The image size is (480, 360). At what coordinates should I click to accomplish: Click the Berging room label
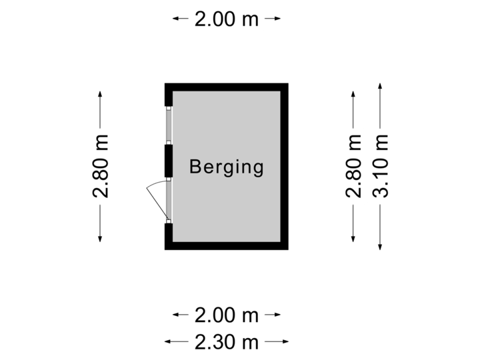click(x=227, y=167)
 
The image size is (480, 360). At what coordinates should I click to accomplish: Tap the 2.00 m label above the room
click(x=227, y=19)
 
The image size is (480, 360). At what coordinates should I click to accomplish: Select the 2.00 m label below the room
click(x=227, y=314)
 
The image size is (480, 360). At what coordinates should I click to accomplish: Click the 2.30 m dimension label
click(x=227, y=342)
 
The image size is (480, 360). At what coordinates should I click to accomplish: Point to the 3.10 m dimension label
click(x=380, y=167)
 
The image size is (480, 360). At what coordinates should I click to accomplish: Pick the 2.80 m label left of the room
click(x=100, y=167)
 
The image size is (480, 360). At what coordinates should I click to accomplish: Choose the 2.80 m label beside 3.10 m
click(x=353, y=167)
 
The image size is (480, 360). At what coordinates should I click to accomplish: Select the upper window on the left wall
click(x=169, y=125)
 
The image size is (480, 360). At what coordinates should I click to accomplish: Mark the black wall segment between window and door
click(x=169, y=161)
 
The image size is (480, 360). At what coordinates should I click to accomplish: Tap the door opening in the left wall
click(x=169, y=200)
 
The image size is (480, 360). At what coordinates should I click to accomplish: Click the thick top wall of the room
click(x=227, y=87)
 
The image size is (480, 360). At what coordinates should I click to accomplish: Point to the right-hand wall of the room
click(x=285, y=167)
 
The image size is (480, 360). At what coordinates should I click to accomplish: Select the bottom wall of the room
click(x=227, y=246)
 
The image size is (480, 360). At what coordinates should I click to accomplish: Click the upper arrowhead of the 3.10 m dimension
click(x=380, y=86)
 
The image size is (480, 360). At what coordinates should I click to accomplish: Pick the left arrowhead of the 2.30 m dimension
click(x=167, y=342)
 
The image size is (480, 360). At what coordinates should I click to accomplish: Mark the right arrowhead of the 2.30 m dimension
click(x=287, y=342)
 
